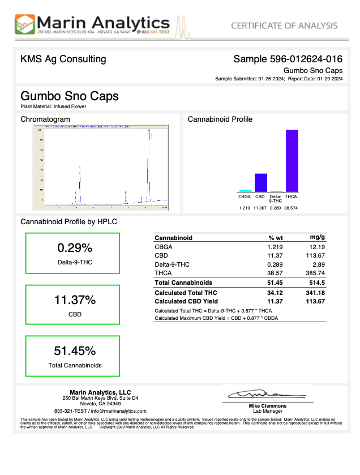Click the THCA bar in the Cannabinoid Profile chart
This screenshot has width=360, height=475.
click(292, 161)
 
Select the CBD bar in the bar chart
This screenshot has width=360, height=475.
click(260, 182)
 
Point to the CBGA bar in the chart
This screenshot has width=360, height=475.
click(245, 191)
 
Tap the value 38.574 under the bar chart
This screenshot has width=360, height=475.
click(291, 208)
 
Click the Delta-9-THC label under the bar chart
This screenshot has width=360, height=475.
click(276, 199)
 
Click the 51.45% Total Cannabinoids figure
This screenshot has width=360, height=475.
click(75, 350)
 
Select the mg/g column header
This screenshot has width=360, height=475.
click(318, 237)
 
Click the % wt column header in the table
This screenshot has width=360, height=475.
click(276, 238)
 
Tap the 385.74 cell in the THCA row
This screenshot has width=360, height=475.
click(315, 272)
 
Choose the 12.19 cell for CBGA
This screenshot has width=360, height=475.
click(316, 247)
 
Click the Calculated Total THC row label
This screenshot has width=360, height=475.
click(186, 293)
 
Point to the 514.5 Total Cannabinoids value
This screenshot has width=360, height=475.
click(316, 282)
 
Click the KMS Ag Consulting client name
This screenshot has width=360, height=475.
click(63, 59)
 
